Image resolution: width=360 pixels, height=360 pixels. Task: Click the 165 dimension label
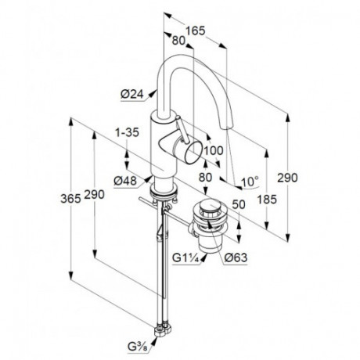coord(196,31)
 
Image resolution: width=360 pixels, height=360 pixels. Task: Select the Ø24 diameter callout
coord(132,94)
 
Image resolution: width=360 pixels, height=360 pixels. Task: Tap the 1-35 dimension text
coord(128,132)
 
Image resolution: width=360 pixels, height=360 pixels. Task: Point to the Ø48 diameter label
coord(125,181)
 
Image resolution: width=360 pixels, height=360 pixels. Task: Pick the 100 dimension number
coord(214,150)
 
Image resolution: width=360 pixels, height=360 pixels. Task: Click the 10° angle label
coord(250,182)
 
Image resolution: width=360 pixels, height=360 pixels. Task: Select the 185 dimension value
coord(267,200)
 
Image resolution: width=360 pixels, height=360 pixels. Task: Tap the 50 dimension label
coord(239,204)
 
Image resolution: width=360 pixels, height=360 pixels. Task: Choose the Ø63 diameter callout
coord(236,258)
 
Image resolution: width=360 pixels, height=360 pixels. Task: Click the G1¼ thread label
coord(185,258)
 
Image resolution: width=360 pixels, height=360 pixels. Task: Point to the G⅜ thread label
coord(138,347)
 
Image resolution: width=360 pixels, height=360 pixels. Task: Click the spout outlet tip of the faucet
coord(226,127)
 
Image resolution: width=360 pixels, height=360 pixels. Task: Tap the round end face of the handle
coord(193,153)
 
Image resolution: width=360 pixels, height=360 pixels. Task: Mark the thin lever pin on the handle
coord(182,129)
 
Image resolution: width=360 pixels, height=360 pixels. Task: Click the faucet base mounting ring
coord(164,192)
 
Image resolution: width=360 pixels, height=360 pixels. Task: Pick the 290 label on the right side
coord(287,178)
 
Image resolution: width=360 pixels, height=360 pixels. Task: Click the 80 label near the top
coord(178,41)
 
